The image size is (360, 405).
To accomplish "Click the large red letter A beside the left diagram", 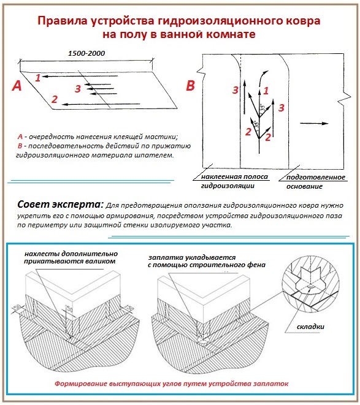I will pos(17,86).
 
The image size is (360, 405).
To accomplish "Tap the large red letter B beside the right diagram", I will pos(190,86).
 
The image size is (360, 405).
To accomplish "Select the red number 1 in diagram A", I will pos(38,78).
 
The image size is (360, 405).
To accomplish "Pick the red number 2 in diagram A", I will pos(55,99).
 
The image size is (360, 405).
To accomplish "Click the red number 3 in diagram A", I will pos(77,89).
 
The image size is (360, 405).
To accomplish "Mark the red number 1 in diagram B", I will pos(266,90).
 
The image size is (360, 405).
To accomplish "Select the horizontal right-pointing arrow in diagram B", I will pos(315,123).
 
